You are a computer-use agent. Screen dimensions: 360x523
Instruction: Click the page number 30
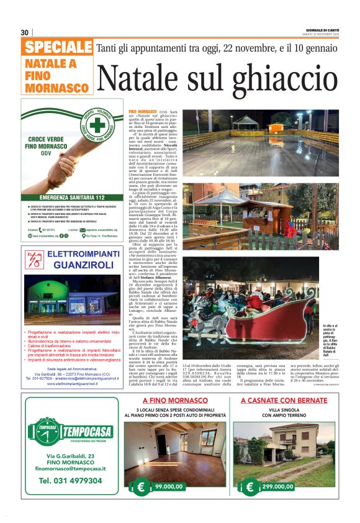pos(24,32)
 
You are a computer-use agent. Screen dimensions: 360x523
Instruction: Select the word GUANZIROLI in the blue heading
pos(74,265)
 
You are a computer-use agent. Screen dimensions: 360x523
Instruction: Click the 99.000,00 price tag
pos(161,488)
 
